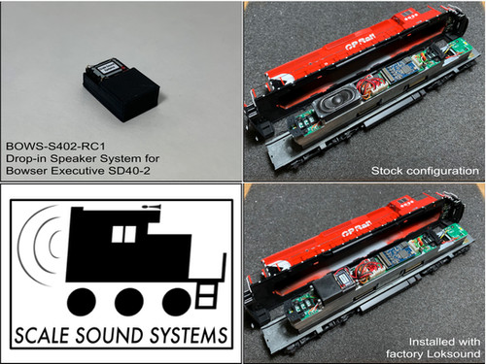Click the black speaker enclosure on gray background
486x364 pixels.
[x=121, y=88]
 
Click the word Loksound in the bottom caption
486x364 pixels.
[x=449, y=354]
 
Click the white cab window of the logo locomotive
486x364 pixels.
[x=122, y=234]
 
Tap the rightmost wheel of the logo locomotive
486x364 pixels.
[x=175, y=301]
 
